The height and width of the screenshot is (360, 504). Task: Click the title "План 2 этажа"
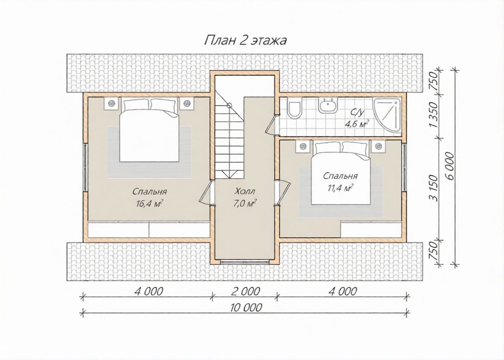coord(246,41)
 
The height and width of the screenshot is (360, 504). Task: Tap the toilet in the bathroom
coord(294,109)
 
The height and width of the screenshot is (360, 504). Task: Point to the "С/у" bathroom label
coord(357,112)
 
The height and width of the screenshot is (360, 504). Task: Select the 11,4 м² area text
coord(340,188)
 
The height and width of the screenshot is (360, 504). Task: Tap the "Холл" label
coord(245,192)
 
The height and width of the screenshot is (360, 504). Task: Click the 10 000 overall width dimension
coord(246,308)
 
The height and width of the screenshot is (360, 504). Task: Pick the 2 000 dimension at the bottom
coord(245,291)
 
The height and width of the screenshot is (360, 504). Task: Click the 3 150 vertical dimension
coord(434,188)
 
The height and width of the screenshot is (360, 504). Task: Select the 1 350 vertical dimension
coord(434,115)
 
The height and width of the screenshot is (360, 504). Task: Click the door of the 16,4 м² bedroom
coord(205,192)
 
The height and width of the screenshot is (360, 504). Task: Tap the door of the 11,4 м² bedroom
coord(283,192)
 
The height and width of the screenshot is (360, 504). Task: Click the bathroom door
coord(272,124)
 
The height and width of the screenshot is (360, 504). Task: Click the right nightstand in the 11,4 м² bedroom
coord(378,147)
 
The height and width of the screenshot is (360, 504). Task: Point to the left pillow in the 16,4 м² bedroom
coord(136,105)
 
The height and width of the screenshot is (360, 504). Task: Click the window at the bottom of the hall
coord(245,261)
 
